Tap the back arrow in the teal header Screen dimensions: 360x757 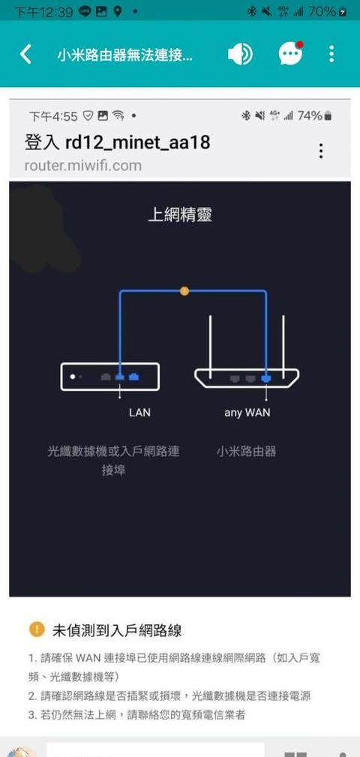click(25, 54)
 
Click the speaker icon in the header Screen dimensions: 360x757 click(240, 54)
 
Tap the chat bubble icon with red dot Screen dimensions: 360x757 click(290, 53)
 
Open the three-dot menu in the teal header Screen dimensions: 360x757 click(331, 54)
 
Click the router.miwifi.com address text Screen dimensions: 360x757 click(83, 166)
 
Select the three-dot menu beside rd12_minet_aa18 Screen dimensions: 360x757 click(321, 151)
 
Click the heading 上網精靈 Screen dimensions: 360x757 click(179, 215)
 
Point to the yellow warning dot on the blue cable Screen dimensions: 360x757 click(184, 291)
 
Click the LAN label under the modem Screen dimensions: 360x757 click(139, 413)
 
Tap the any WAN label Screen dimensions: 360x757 click(247, 413)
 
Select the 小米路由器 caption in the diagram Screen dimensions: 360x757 click(246, 452)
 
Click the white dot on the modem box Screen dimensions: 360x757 click(73, 377)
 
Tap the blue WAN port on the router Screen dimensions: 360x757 click(266, 379)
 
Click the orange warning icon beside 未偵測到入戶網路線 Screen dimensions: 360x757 click(37, 629)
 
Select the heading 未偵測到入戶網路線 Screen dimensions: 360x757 click(117, 630)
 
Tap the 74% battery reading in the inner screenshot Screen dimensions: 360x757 click(309, 116)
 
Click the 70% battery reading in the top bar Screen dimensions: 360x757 click(322, 11)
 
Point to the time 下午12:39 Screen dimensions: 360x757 click(43, 11)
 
